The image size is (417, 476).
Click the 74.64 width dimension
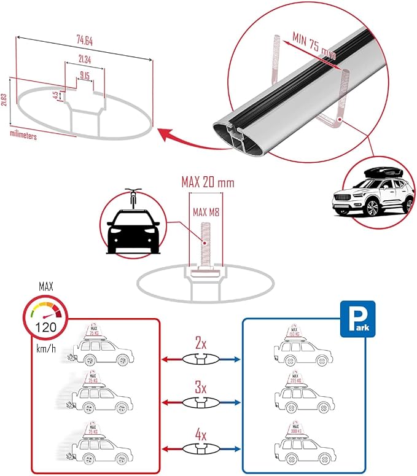click(x=85, y=42)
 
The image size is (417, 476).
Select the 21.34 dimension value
click(x=85, y=59)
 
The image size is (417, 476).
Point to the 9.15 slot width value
click(x=85, y=76)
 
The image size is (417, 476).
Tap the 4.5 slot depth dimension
click(x=55, y=96)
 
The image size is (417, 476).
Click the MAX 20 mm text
click(x=208, y=182)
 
